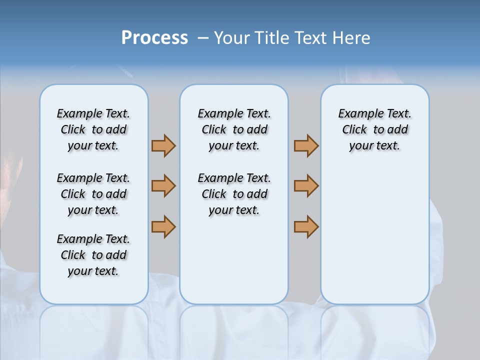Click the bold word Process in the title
[154, 38]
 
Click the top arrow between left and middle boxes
[163, 145]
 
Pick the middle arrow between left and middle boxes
[163, 186]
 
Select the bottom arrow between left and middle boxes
[163, 226]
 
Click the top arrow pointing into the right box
[306, 145]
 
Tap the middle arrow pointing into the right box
[306, 186]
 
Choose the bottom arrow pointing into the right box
[306, 226]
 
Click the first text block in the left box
[93, 129]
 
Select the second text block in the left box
[93, 194]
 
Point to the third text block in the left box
[93, 255]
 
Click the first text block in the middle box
[234, 129]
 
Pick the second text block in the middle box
[234, 194]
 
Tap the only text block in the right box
[374, 129]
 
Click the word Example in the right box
[358, 114]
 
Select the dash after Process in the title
[203, 38]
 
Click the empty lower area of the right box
[374, 235]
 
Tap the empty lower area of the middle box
[234, 260]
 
